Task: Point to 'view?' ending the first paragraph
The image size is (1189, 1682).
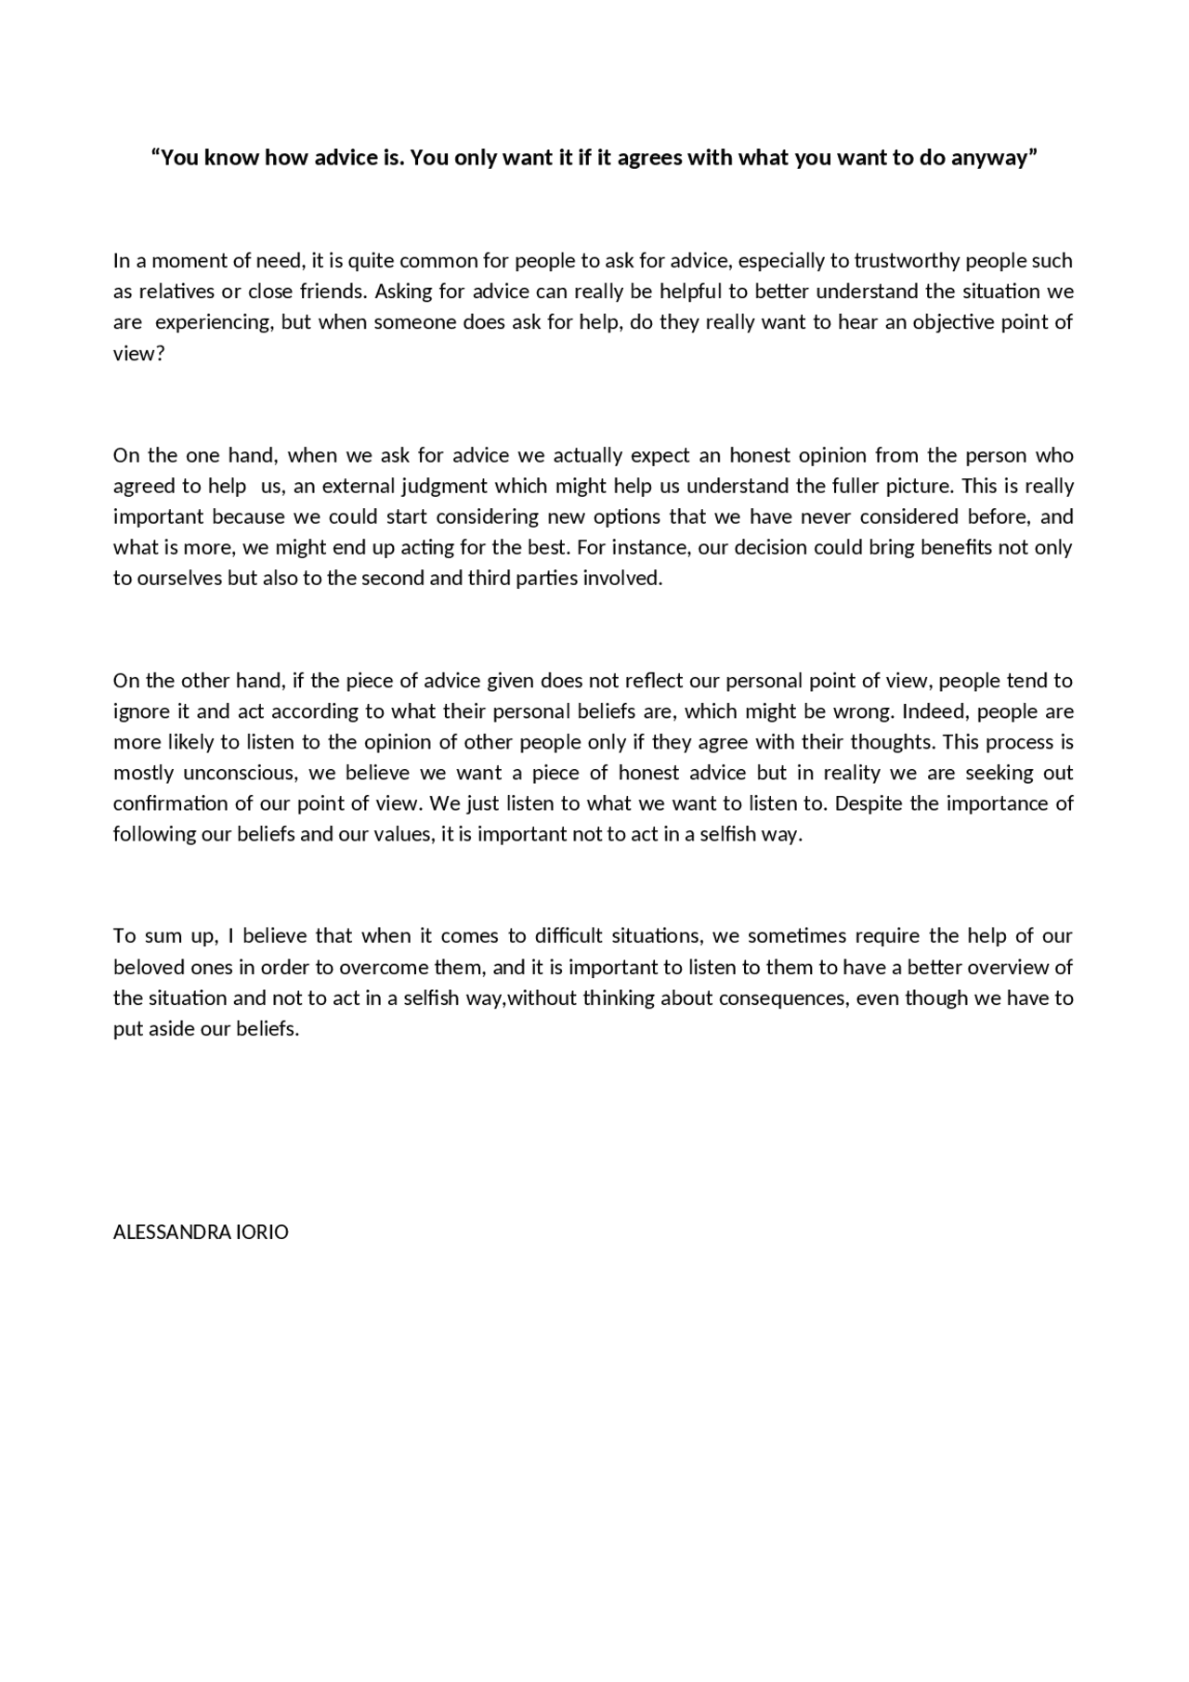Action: [x=138, y=354]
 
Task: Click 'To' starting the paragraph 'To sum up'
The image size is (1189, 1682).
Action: [x=124, y=936]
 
